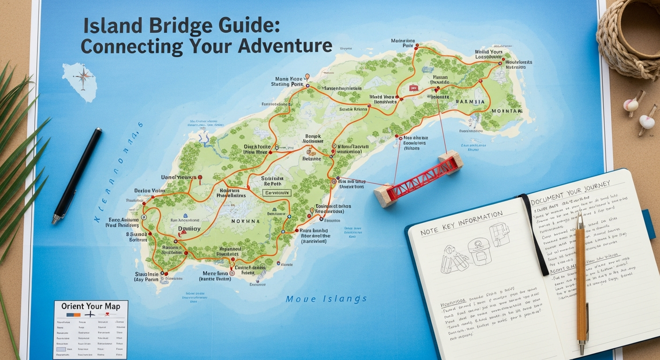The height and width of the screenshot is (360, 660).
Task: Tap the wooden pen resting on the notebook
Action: (581, 281)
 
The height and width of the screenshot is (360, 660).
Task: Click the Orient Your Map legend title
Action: (90, 306)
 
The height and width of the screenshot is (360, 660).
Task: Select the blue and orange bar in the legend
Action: (74, 315)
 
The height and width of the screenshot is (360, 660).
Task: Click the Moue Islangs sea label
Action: (326, 299)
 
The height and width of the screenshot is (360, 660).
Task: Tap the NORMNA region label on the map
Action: (245, 221)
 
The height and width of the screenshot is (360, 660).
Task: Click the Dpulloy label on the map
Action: (189, 229)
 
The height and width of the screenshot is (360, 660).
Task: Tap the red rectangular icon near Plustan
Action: (413, 88)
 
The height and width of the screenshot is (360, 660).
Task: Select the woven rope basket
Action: (629, 37)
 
